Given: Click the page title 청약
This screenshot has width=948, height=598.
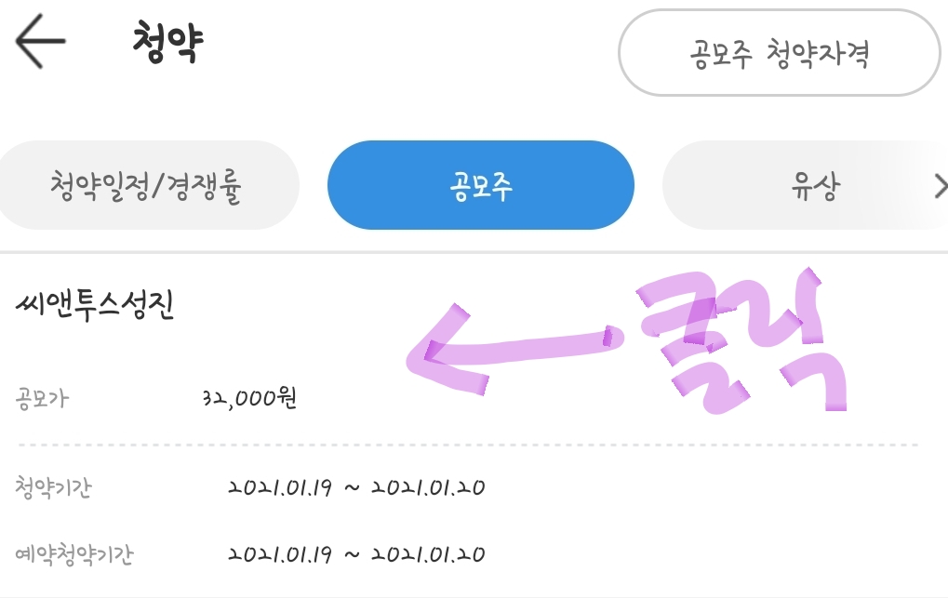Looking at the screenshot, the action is point(167,43).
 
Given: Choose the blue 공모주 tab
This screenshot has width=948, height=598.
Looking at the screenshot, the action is point(480,186).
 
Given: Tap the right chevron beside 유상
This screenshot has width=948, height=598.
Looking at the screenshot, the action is point(939,187).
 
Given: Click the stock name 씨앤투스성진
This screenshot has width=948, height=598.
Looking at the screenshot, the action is point(95,306).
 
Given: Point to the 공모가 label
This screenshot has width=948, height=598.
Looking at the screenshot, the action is point(43,400).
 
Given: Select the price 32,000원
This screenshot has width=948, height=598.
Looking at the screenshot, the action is point(249,400).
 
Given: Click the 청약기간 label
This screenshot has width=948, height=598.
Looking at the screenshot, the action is point(54,487).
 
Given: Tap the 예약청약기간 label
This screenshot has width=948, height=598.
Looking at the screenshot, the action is point(74,555).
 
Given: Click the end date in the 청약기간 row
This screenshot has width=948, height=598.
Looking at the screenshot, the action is point(427,487).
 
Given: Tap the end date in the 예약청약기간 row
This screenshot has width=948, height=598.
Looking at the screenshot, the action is point(427,555).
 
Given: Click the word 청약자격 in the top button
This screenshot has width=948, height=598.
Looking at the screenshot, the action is point(818,54).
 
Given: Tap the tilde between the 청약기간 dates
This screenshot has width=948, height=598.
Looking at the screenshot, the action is point(352,488).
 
